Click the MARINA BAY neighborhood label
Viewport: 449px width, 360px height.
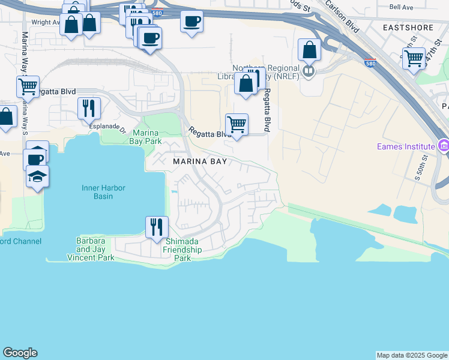pos(198,162)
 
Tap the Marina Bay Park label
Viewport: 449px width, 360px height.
pos(146,137)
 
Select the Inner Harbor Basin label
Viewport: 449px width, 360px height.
pos(104,192)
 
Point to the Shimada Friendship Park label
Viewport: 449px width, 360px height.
pos(186,250)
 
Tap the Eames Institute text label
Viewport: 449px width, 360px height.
pos(405,146)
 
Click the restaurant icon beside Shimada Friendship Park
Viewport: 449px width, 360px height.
pos(157,227)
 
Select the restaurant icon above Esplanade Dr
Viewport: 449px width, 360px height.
pos(89,108)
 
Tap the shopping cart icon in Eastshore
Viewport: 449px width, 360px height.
pos(414,58)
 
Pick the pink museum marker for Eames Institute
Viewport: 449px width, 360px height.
pos(444,146)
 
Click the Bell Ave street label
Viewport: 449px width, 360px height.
pos(402,7)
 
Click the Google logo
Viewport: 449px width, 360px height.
pos(20,353)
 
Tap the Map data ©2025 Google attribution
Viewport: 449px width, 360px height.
pos(411,355)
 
